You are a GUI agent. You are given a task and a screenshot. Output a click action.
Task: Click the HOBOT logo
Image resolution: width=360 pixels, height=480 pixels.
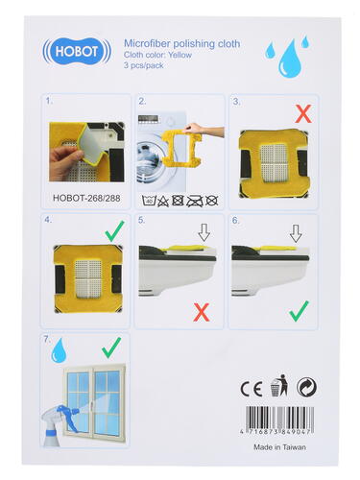[x=77, y=51]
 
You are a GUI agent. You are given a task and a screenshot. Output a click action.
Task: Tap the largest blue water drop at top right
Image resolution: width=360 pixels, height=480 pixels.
[x=290, y=60]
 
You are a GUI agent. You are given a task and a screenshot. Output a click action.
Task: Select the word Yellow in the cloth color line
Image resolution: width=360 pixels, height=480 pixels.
[x=180, y=55]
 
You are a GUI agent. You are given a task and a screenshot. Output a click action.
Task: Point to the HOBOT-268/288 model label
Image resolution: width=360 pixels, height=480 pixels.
[x=86, y=198]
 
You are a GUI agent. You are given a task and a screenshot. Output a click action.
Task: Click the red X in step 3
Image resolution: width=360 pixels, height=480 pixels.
[x=303, y=114]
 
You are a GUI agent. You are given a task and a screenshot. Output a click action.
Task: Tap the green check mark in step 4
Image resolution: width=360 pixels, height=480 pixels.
[x=114, y=231]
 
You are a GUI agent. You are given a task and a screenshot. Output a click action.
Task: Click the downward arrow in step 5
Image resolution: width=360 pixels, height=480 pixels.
[x=204, y=232]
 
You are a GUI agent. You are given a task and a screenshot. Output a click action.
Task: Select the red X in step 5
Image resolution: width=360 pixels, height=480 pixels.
[x=202, y=312]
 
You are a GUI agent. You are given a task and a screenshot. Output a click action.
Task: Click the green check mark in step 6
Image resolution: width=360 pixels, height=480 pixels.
[x=299, y=311]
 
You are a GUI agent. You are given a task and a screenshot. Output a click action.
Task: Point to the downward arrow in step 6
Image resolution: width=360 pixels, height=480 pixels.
[x=296, y=233]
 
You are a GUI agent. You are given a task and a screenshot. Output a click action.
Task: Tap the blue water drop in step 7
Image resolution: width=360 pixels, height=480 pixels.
[x=60, y=350]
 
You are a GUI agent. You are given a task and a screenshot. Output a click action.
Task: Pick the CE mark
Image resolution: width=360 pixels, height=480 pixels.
[x=252, y=389]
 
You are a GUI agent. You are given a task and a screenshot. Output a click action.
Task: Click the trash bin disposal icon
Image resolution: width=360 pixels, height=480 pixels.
[x=279, y=385]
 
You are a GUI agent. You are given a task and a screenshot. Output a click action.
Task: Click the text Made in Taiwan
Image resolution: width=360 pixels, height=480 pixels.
[x=279, y=447]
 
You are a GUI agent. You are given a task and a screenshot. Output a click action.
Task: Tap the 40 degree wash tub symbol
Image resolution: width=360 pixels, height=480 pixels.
[x=149, y=201]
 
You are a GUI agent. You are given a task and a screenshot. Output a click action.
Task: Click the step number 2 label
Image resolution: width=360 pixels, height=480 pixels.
[x=142, y=102]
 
